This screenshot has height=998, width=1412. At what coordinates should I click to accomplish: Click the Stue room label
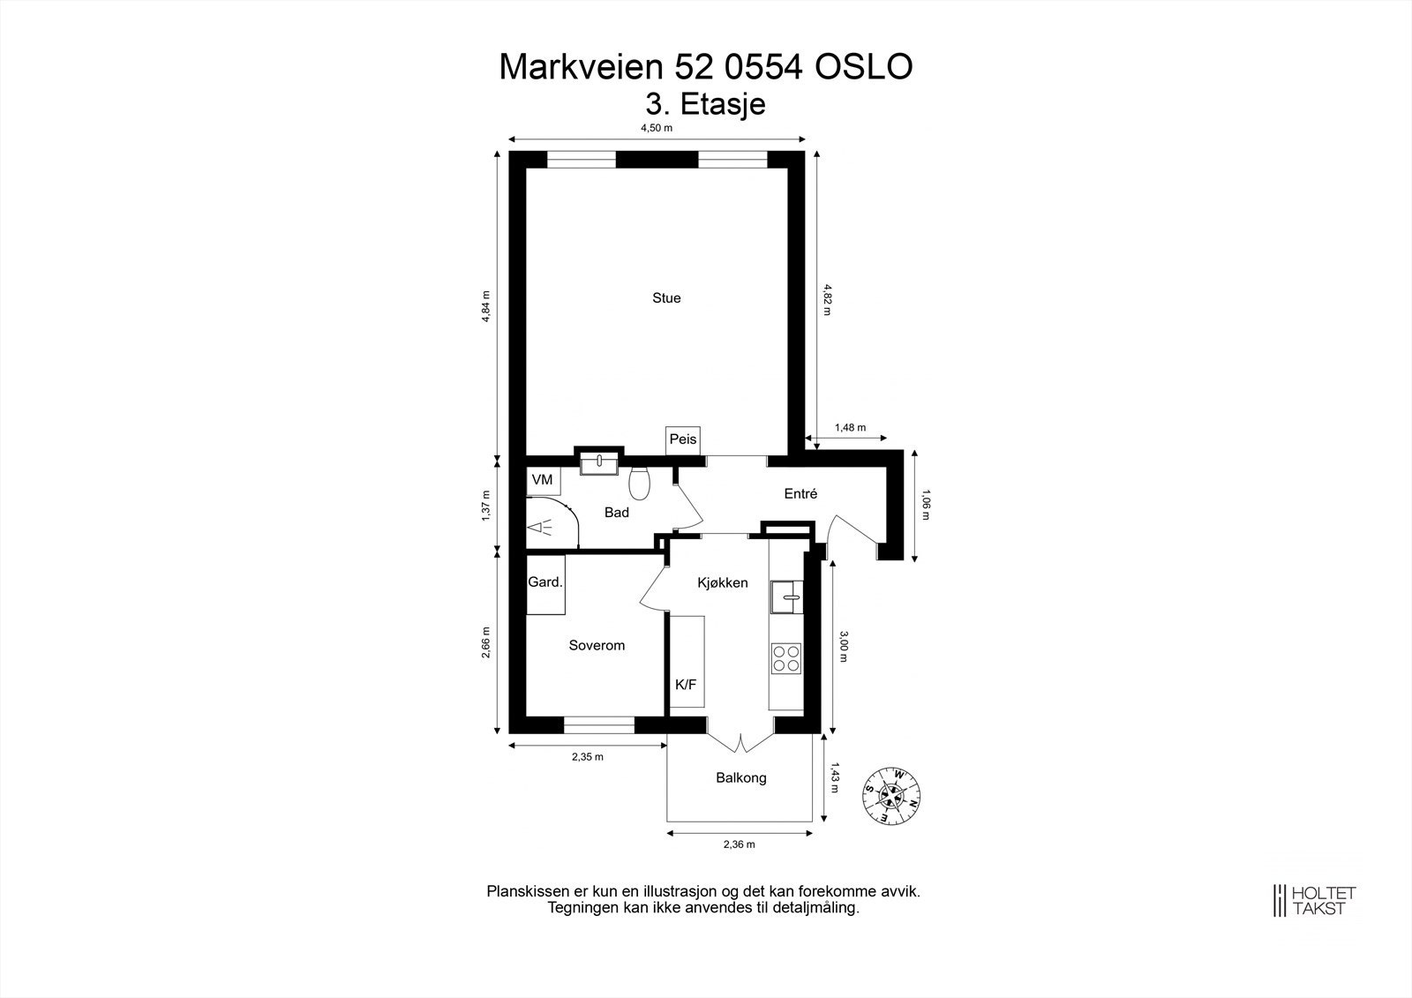pos(666,297)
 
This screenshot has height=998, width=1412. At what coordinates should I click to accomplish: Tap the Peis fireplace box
pos(683,440)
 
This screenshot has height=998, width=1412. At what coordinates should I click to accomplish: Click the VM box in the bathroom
pos(543,480)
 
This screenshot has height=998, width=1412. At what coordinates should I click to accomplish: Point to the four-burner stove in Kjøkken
pos(786,658)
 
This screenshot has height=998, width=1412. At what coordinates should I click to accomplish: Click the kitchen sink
pos(786,597)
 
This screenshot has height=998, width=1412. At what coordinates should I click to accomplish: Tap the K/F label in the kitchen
pos(686,684)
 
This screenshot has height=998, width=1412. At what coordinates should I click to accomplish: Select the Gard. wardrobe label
pos(545,582)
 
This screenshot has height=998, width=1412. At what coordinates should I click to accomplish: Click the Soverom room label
pos(597,645)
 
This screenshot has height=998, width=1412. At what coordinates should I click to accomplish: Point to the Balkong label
pos(740,778)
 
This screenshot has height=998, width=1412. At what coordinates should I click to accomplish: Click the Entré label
pos(800,493)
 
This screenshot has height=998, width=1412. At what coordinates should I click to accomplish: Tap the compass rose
pos(891,796)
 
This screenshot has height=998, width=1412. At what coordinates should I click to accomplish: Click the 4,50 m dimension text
pos(657,128)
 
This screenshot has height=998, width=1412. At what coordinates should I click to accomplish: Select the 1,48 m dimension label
pos(851,427)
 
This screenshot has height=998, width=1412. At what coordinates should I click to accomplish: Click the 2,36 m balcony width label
pos(740,844)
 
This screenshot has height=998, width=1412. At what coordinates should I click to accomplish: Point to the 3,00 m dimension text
pos(844,646)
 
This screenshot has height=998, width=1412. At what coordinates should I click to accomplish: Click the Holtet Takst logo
pos(1314,901)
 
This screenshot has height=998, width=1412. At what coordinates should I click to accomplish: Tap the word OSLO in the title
pos(864,67)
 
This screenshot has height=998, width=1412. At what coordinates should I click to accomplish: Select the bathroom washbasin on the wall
pos(599,463)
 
